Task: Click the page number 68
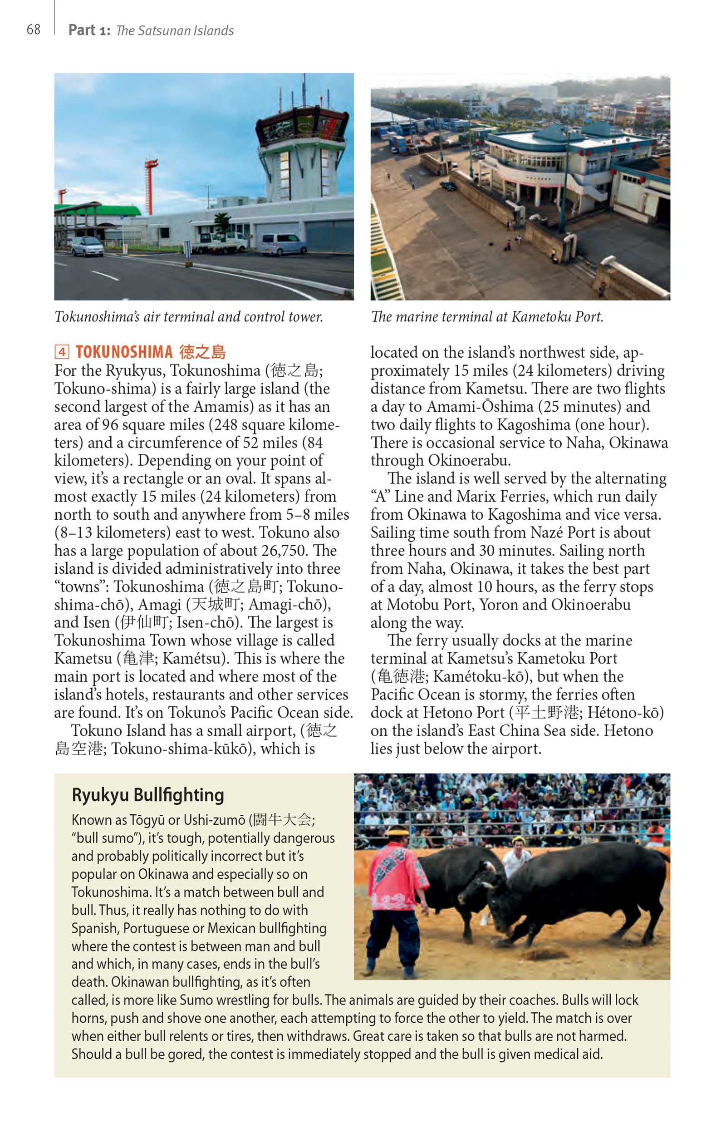[x=34, y=30]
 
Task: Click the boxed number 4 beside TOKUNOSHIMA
[x=62, y=352]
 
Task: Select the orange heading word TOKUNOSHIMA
[x=124, y=352]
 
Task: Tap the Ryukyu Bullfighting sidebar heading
[x=147, y=795]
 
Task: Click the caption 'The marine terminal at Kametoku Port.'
[x=486, y=316]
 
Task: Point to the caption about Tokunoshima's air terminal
[x=189, y=316]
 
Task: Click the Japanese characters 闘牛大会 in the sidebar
[x=282, y=820]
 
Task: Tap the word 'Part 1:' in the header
[x=89, y=30]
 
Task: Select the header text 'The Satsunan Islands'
[x=175, y=31]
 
